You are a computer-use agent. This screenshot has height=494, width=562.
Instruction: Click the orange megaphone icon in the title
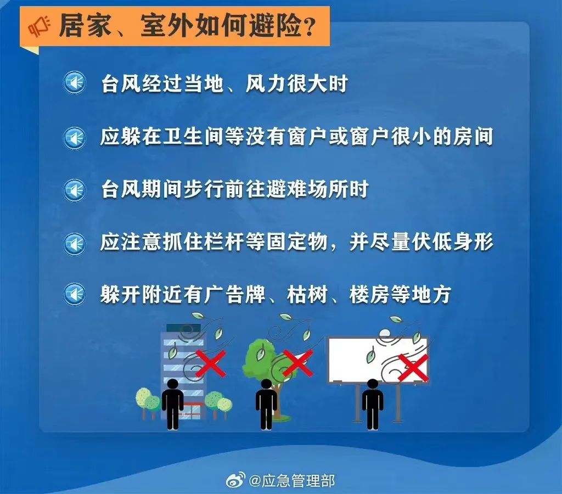click(x=40, y=26)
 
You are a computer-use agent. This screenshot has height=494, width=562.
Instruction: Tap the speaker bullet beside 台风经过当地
click(x=75, y=83)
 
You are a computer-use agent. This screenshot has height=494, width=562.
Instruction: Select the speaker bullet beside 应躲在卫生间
click(x=75, y=138)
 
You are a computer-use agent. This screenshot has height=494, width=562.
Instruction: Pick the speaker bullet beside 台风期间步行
click(x=75, y=190)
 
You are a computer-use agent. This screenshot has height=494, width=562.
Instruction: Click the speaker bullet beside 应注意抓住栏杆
click(x=75, y=244)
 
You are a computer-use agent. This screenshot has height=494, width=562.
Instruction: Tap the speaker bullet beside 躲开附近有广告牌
click(x=75, y=295)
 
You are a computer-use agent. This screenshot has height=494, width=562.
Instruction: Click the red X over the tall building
click(x=211, y=363)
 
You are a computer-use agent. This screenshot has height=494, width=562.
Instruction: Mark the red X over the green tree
click(x=297, y=363)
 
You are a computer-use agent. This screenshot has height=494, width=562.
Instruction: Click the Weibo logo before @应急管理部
click(x=235, y=480)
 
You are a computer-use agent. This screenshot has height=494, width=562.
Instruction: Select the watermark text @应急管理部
click(x=292, y=480)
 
